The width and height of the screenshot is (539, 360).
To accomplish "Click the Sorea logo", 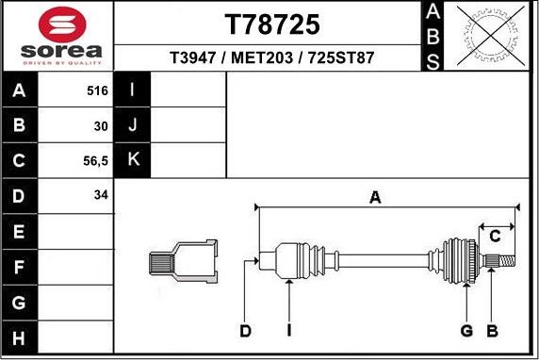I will pyautogui.click(x=57, y=36).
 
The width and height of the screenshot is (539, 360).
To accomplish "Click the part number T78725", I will pyautogui.click(x=271, y=24).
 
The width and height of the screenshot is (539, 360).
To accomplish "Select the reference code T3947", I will pyautogui.click(x=191, y=57).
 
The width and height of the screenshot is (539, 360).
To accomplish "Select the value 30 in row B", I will pyautogui.click(x=101, y=125).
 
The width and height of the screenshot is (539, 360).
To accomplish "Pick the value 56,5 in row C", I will pyautogui.click(x=96, y=160).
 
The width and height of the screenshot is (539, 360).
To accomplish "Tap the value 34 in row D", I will pyautogui.click(x=101, y=195).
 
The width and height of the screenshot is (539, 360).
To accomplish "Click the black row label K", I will pyautogui.click(x=133, y=160).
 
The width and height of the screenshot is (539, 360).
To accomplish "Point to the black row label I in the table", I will pyautogui.click(x=133, y=91).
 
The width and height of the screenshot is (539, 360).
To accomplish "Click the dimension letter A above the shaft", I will pyautogui.click(x=375, y=197).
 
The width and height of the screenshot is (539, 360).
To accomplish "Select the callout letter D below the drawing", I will pyautogui.click(x=246, y=331).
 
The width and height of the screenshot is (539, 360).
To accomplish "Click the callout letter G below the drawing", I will pyautogui.click(x=466, y=331).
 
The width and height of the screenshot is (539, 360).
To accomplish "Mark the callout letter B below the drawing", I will pyautogui.click(x=491, y=331).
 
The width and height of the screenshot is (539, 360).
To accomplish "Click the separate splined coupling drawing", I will pyautogui.click(x=184, y=262).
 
